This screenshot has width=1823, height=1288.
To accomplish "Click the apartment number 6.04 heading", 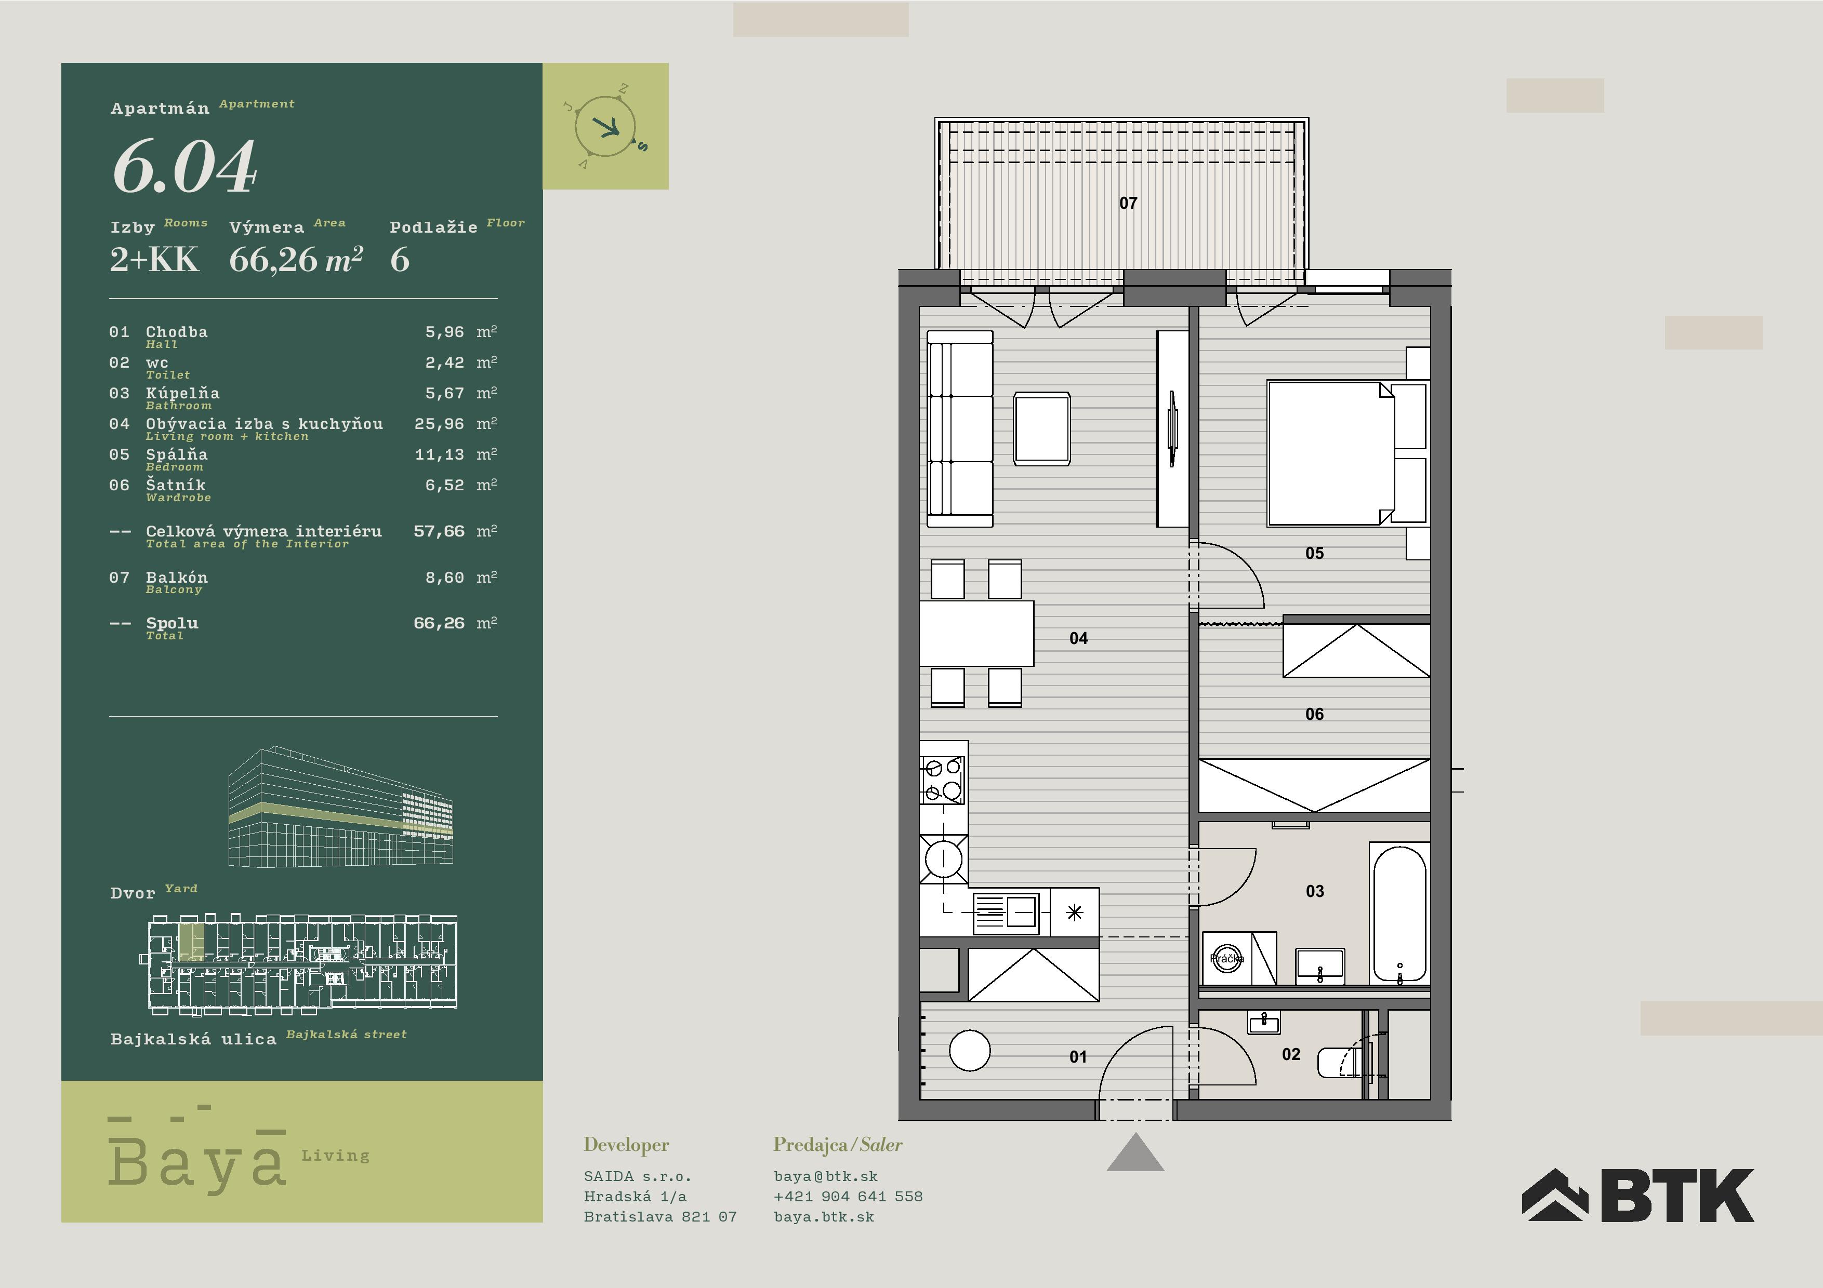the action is click(184, 167).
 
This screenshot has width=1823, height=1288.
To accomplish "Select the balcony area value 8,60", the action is click(445, 578).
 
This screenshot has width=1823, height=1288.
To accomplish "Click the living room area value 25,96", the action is click(439, 424).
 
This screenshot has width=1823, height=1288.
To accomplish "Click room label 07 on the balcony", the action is click(1128, 203).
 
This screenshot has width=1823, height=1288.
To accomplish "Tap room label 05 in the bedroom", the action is click(1315, 553).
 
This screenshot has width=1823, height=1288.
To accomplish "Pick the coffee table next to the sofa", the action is click(1042, 428).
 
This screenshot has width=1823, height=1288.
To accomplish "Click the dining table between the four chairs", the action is click(976, 633).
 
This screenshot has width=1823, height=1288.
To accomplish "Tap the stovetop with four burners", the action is click(943, 780).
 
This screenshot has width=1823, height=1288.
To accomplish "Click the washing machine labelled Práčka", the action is click(1227, 959).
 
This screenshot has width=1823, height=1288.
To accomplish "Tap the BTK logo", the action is click(1637, 1195).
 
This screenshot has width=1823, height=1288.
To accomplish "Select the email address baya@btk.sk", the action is click(826, 1176).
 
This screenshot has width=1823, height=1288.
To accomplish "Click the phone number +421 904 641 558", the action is click(848, 1196).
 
